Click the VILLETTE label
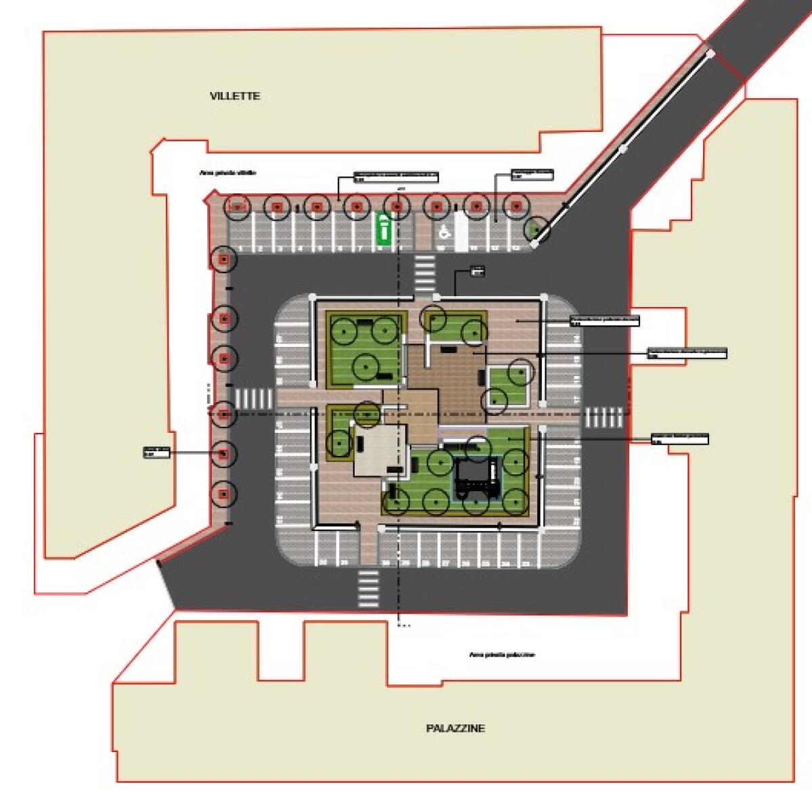tap(235, 96)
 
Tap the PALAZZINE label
tap(455, 728)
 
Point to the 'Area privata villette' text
tap(228, 173)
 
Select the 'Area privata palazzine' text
tap(501, 655)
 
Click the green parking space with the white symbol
tap(384, 228)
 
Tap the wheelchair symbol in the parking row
tap(445, 231)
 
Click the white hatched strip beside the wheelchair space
tap(461, 230)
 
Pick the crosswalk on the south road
tap(368, 588)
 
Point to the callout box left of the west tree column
tap(155, 452)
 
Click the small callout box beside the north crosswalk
tap(478, 272)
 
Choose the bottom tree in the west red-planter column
tap(223, 496)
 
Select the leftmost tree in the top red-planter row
tap(237, 206)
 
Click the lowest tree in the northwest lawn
tap(365, 367)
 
